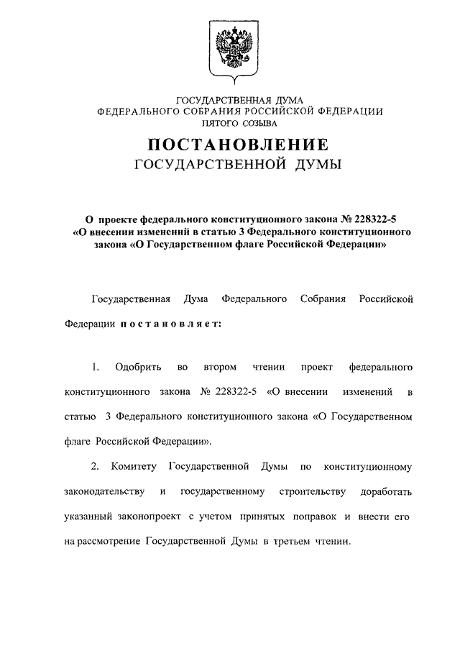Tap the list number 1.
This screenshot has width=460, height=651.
[x=95, y=368]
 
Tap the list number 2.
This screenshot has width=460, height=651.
[x=95, y=467]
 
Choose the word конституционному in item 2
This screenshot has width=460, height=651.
[x=368, y=467]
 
